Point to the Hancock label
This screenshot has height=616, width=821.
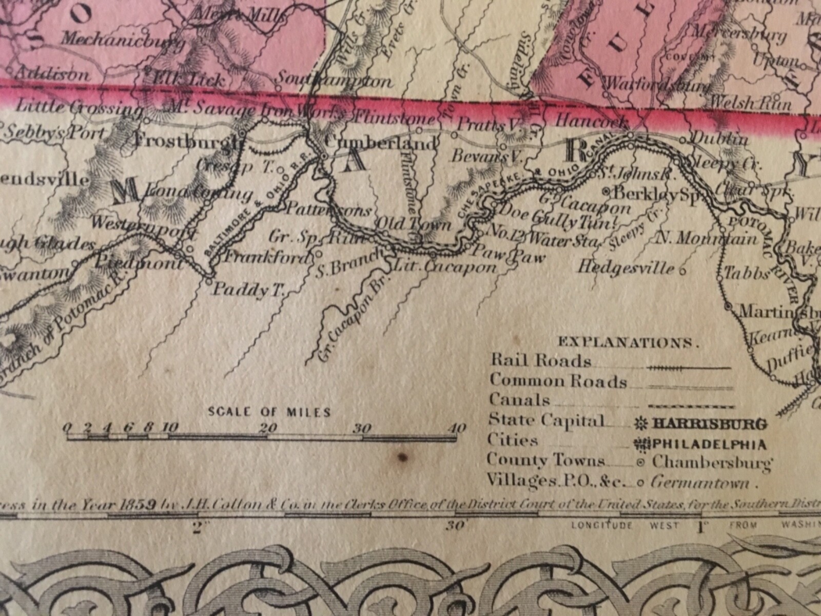point(592,122)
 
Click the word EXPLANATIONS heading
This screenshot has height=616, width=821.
point(628,342)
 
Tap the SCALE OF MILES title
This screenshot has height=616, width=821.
point(269,412)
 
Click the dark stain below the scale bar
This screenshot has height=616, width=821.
point(403,456)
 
